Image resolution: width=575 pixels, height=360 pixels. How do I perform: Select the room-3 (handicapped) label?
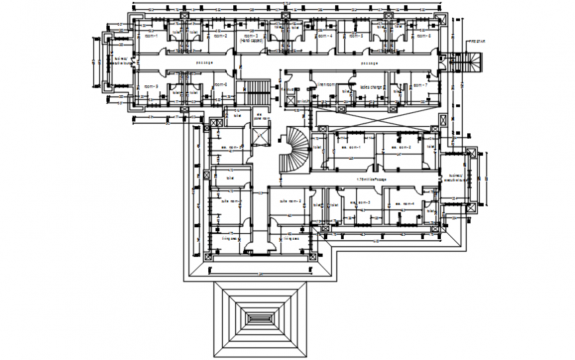click(252, 38)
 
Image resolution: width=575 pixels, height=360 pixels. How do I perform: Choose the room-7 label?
click(420, 85)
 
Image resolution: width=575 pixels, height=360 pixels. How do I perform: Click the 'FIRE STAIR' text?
click(477, 42)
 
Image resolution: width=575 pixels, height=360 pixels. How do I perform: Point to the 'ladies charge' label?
click(371, 86)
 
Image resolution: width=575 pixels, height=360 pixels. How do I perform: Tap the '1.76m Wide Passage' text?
click(371, 179)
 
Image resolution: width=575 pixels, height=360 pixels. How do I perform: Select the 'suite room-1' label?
click(232, 201)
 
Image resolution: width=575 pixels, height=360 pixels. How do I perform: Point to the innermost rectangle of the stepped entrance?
click(259, 318)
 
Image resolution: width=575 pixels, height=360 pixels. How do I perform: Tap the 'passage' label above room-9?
click(204, 63)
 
